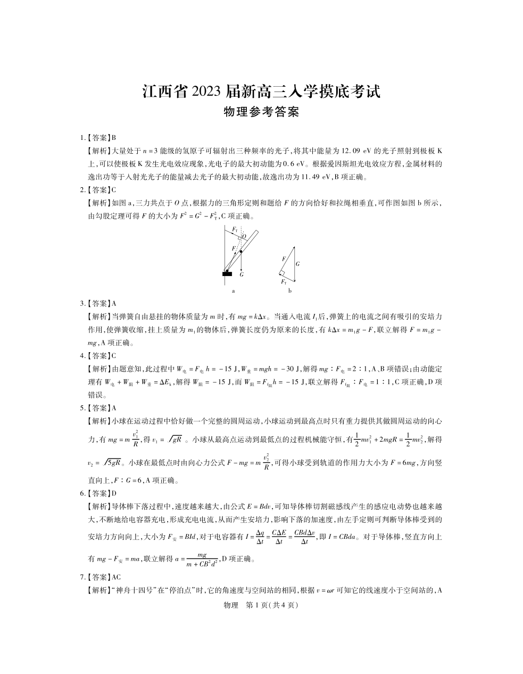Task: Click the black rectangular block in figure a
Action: coord(227,274)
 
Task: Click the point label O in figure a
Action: coord(244,236)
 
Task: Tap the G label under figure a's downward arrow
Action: coord(242,275)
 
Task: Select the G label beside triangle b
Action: coord(297,263)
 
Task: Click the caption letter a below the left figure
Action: coord(234,291)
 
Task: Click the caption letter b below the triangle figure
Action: coord(290,291)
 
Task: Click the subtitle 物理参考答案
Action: coord(261,112)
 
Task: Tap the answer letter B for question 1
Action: coord(114,137)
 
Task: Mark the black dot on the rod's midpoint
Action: coord(240,251)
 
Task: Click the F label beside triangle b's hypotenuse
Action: coord(284,259)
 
